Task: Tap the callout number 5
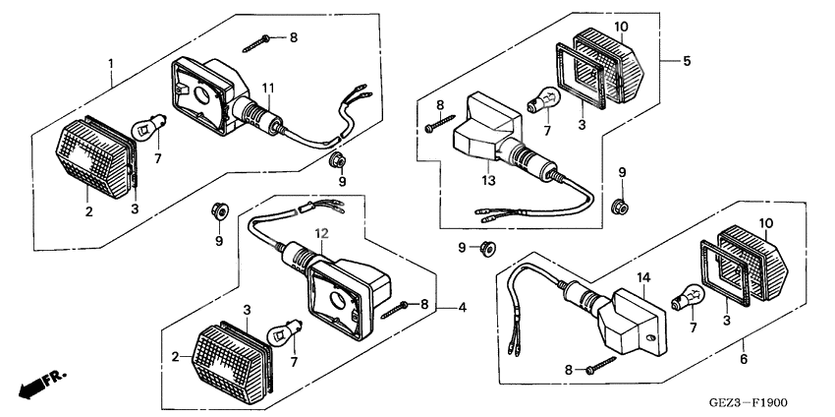687,62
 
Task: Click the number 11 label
267,89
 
